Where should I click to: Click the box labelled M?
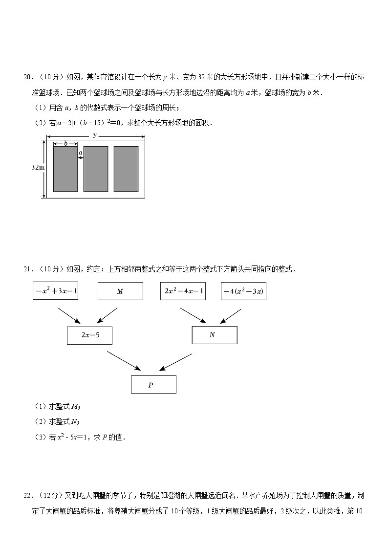coord(120,291)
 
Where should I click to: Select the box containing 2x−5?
coord(89,335)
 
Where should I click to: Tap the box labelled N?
coord(215,335)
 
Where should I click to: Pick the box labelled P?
coord(153,385)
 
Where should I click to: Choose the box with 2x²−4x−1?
coord(183,291)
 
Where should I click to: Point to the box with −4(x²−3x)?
coord(243,291)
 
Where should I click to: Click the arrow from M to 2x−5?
coord(107,315)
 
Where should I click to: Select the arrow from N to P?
coord(175,362)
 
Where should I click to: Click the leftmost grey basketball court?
coord(65,169)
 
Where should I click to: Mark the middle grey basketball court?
coord(96,169)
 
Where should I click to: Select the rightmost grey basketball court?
coord(126,169)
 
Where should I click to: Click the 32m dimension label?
coord(38,167)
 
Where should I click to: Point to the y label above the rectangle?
coord(95,135)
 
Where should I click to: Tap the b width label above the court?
coord(65,143)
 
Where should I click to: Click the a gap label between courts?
coord(81,153)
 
